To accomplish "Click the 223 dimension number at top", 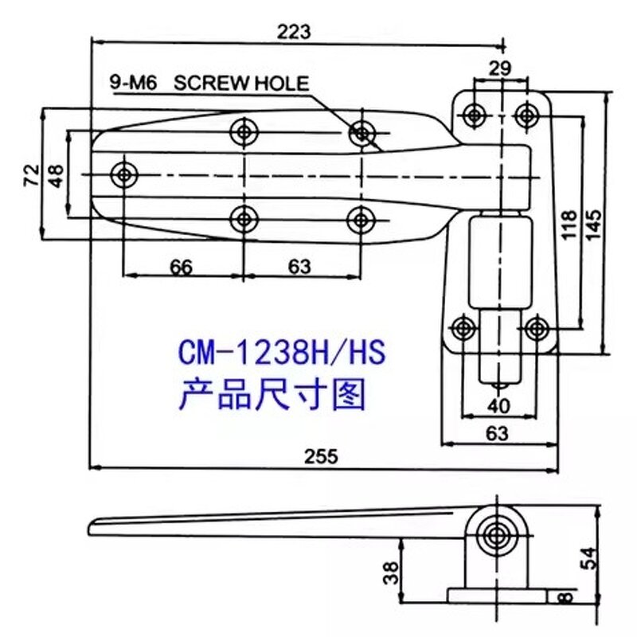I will click(x=293, y=31).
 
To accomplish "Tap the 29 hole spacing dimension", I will click(x=500, y=69).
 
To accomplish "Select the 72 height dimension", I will click(x=30, y=173).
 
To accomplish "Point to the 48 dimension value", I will click(x=56, y=173).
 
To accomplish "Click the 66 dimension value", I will click(x=182, y=267).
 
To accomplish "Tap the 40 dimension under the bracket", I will click(x=499, y=406).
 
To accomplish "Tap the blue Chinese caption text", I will click(x=272, y=393).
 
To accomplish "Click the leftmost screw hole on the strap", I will click(x=124, y=174).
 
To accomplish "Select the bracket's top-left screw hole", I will click(x=475, y=115).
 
